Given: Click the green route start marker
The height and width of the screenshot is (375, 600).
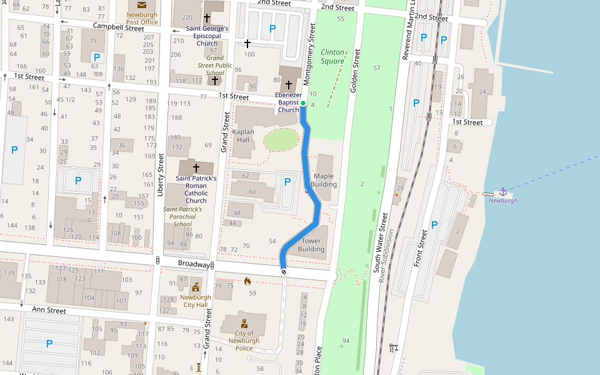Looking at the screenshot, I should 303,103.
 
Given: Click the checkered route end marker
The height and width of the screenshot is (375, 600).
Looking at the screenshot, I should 284,271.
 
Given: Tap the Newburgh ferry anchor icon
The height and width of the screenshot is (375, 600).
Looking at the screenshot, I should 502,191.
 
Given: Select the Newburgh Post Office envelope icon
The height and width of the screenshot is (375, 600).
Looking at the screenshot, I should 142,5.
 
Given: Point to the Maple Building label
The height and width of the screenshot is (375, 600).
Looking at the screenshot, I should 324,180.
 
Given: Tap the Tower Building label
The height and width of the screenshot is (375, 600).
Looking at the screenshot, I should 311,244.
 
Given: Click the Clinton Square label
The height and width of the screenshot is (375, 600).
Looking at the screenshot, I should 332,56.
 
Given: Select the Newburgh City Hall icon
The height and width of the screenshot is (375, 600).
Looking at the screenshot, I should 196,287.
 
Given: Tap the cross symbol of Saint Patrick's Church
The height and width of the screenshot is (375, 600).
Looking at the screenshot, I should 196,168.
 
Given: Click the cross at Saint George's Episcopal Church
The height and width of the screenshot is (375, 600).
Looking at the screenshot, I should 207,19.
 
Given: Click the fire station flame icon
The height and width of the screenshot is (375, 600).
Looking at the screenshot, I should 247,281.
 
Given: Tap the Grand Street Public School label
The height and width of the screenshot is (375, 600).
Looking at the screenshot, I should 215,65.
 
